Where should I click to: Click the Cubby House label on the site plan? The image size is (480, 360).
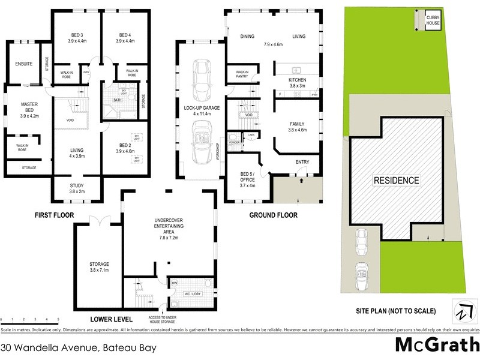click(433, 22)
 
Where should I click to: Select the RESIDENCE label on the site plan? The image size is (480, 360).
click(397, 180)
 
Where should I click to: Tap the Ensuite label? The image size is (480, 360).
click(25, 64)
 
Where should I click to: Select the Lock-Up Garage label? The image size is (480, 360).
click(202, 110)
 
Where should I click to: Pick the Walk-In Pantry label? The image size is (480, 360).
click(242, 74)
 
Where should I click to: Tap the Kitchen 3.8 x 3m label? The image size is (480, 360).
click(297, 83)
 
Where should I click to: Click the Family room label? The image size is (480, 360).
click(297, 123)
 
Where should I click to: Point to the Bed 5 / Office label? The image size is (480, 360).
click(243, 181)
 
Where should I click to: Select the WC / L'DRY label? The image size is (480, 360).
click(193, 294)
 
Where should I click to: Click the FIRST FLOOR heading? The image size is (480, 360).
click(55, 214)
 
